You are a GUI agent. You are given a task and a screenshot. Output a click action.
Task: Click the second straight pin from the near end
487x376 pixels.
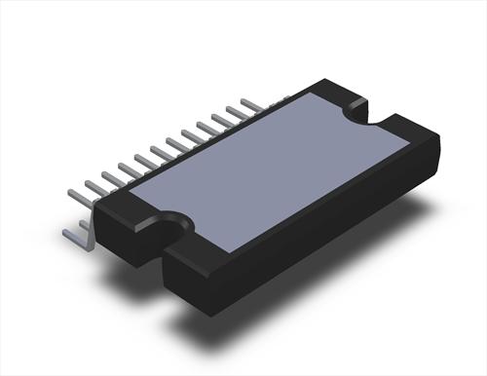click(x=97, y=183)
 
